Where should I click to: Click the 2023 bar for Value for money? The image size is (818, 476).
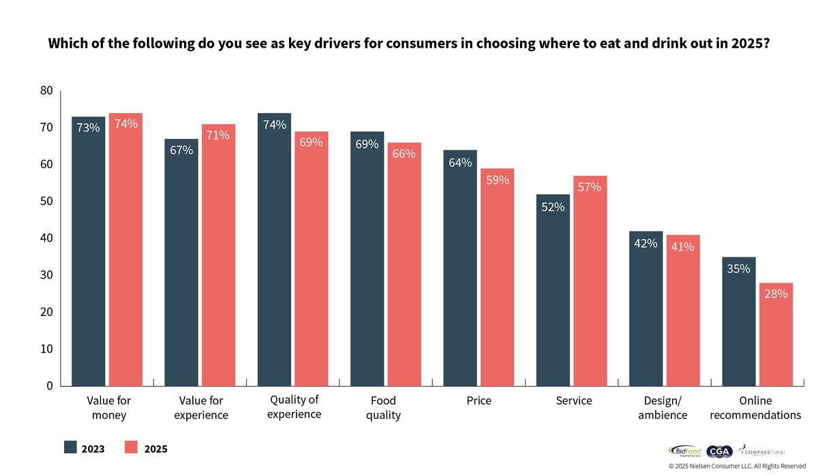point(89,252)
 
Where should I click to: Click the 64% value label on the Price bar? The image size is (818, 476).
point(460,162)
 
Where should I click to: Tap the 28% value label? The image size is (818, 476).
point(776,294)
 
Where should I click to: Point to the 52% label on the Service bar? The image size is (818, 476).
point(553,207)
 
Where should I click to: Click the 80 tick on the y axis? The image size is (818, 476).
point(46,91)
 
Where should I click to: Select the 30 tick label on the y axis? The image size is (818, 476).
point(46,275)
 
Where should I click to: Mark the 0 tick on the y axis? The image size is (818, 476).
point(50,385)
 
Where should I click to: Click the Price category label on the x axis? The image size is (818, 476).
point(479,401)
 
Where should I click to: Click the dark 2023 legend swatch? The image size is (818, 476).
point(71,447)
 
